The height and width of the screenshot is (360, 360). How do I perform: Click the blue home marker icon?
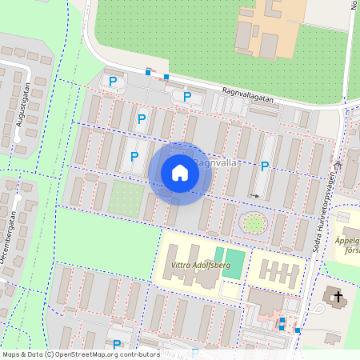coord(180,173)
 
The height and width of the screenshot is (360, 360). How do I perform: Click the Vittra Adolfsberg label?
coord(201,264)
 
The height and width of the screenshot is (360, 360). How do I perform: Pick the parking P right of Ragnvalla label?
coord(265,166)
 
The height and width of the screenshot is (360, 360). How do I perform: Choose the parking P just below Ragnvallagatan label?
coord(187,97)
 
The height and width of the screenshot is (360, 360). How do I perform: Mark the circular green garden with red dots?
coord(254,223)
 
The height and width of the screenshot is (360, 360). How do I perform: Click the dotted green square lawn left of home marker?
coord(126,197)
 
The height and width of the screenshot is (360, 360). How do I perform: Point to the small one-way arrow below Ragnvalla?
coord(254,194)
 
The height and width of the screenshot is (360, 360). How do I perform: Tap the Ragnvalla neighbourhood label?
coord(218,162)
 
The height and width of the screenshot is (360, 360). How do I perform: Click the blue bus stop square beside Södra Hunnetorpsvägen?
coord(298,330)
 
